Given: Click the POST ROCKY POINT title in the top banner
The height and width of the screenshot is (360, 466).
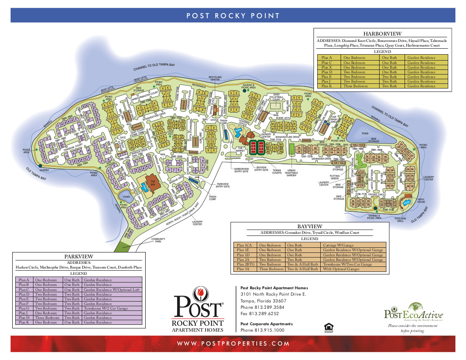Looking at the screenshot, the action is pos(233,16).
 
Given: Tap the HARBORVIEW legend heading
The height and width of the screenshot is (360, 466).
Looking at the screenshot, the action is pos(383,33).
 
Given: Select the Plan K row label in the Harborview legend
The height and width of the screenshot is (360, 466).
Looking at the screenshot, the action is pos(327,86).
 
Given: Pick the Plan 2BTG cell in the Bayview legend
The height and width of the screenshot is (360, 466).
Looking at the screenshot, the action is pos(245,264).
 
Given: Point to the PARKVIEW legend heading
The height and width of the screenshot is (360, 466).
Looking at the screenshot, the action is pos(79,256).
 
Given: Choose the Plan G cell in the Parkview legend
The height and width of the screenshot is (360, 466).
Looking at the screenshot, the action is pos(23,308).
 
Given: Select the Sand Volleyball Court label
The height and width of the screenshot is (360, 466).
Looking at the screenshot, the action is pos(276,97).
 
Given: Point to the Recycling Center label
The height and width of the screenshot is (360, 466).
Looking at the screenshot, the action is pos(215,78).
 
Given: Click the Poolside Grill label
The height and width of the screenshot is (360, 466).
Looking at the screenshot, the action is pos(400,221).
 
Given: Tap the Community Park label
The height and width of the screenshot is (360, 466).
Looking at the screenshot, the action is pos(158,240).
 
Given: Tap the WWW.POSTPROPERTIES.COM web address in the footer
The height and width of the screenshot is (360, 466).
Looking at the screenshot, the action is pos(233,343).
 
